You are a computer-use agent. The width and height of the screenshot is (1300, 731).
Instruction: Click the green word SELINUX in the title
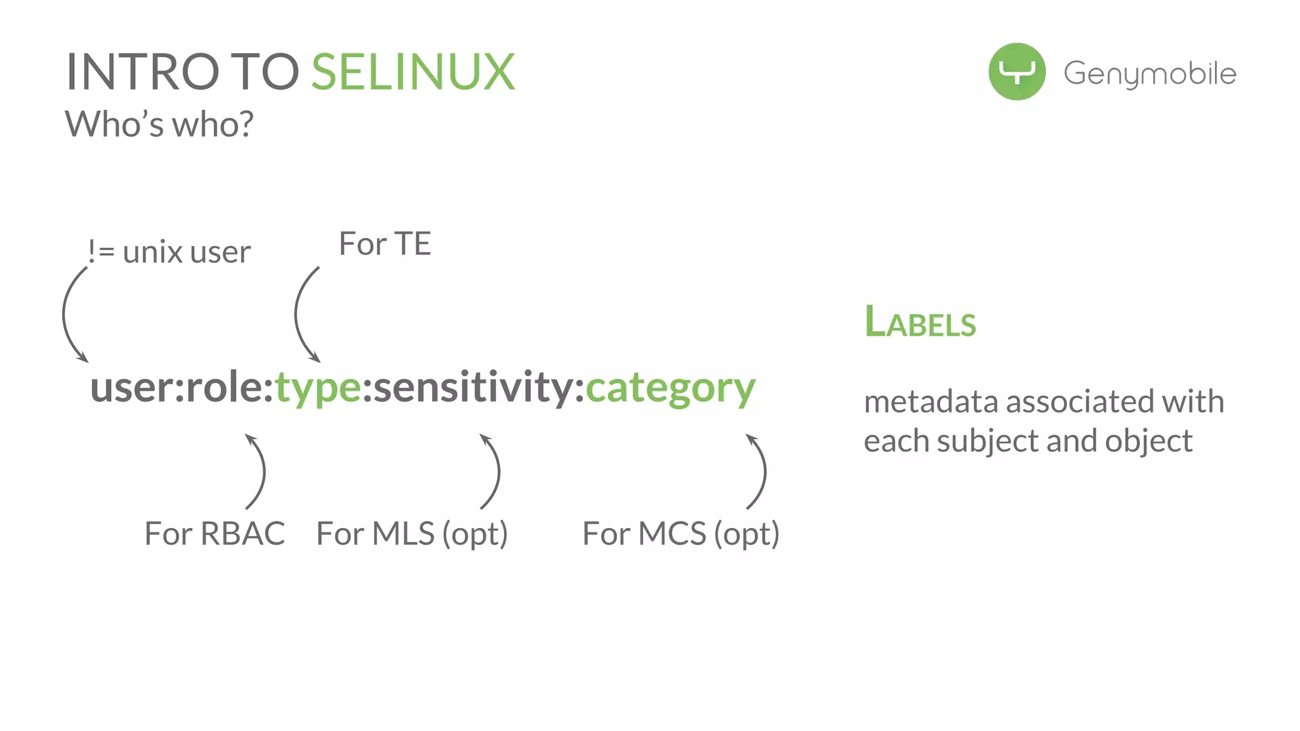coord(413,72)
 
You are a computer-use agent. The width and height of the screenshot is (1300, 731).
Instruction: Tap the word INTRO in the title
coord(142,72)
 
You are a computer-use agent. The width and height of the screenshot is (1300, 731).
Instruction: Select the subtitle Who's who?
coord(159,124)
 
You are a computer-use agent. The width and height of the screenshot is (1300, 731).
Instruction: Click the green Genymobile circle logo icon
coord(1016,72)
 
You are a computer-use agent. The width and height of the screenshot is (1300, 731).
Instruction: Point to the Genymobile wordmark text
coord(1150,74)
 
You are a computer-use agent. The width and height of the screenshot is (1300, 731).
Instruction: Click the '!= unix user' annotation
coord(169,252)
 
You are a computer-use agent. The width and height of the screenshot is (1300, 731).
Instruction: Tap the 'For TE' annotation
coord(385,244)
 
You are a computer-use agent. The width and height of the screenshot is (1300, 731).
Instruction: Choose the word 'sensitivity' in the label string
coord(473,387)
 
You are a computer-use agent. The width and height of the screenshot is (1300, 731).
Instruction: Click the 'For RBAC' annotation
coord(215,533)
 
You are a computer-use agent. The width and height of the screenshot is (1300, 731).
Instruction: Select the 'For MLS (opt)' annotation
coord(412,534)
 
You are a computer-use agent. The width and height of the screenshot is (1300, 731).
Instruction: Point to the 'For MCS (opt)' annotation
coord(680,534)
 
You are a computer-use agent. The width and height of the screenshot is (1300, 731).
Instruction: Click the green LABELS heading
coord(920,322)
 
